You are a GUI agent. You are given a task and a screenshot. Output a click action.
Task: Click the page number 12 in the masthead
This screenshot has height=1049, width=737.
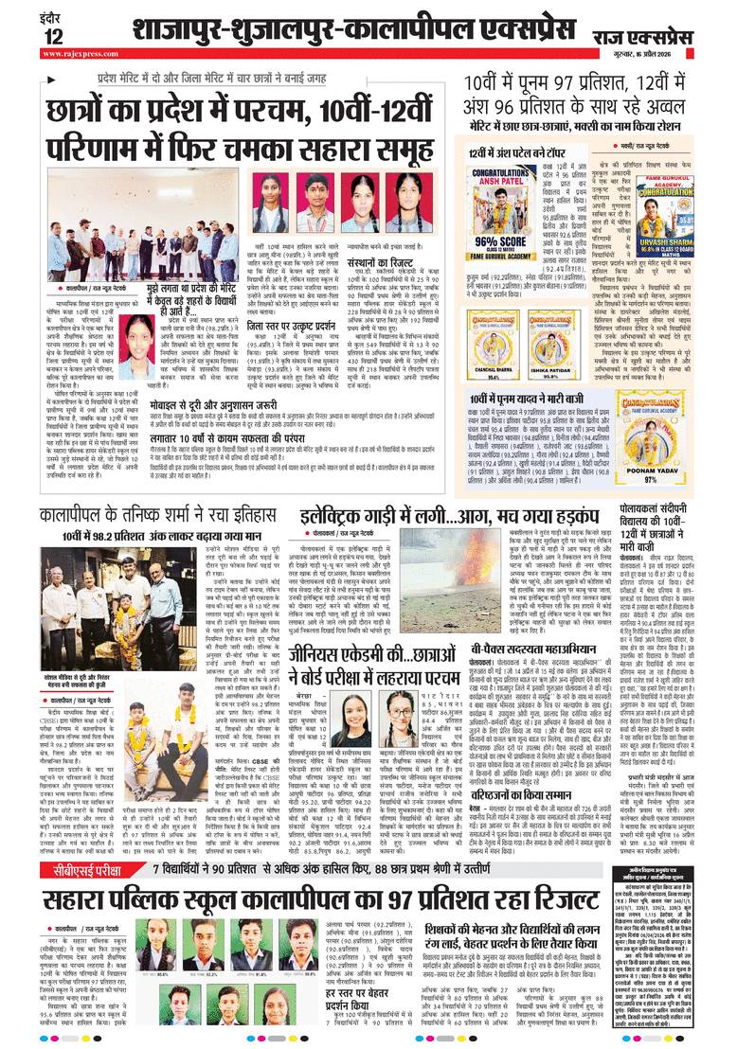52,36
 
